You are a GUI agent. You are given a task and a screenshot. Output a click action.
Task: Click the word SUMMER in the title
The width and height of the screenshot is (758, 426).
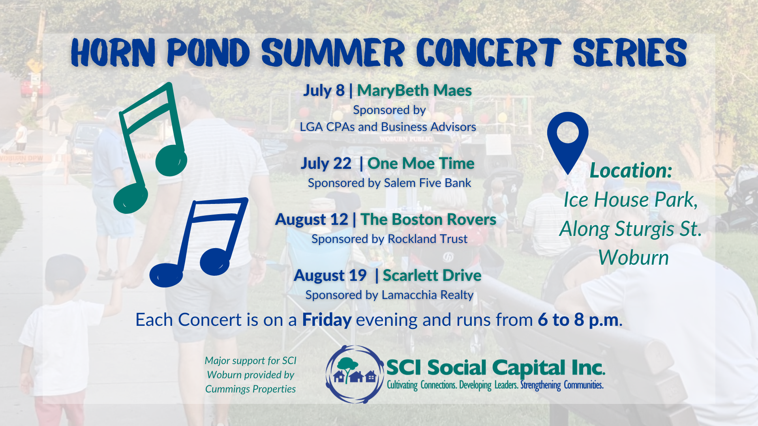(x=333, y=52)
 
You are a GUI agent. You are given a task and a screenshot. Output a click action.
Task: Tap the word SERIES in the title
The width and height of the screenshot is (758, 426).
(x=630, y=52)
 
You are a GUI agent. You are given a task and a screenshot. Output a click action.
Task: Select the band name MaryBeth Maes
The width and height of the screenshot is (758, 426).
(x=415, y=90)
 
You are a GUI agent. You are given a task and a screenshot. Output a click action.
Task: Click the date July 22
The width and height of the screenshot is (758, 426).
(x=326, y=163)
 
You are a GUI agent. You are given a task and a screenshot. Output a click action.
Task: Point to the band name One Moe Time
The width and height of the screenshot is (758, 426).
(x=421, y=163)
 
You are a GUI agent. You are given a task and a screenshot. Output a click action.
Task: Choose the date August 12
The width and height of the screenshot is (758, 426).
(x=311, y=219)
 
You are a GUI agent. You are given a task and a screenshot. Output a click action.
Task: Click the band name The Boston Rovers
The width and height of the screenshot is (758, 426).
(x=428, y=219)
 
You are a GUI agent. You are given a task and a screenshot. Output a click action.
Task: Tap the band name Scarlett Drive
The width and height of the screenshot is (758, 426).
(x=432, y=275)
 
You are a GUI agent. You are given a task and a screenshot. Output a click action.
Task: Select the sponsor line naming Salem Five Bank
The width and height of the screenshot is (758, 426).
(x=390, y=183)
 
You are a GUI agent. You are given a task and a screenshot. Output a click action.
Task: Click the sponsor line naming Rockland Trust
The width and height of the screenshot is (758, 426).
(x=390, y=239)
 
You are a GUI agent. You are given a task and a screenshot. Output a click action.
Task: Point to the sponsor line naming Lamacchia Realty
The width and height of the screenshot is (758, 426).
(x=390, y=295)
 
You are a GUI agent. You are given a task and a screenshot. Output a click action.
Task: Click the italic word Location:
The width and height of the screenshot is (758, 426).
(x=631, y=170)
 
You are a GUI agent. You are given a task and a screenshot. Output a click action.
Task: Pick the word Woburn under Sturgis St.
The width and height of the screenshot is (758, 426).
(x=633, y=258)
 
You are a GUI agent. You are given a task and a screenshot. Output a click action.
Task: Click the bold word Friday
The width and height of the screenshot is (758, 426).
(x=327, y=320)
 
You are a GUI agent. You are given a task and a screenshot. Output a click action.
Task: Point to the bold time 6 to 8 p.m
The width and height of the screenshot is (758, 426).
(x=579, y=320)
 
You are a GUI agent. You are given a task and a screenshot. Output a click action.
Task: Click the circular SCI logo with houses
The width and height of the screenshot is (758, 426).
(x=355, y=374)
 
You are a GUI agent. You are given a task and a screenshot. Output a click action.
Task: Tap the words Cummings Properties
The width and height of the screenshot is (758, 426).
(x=250, y=389)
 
